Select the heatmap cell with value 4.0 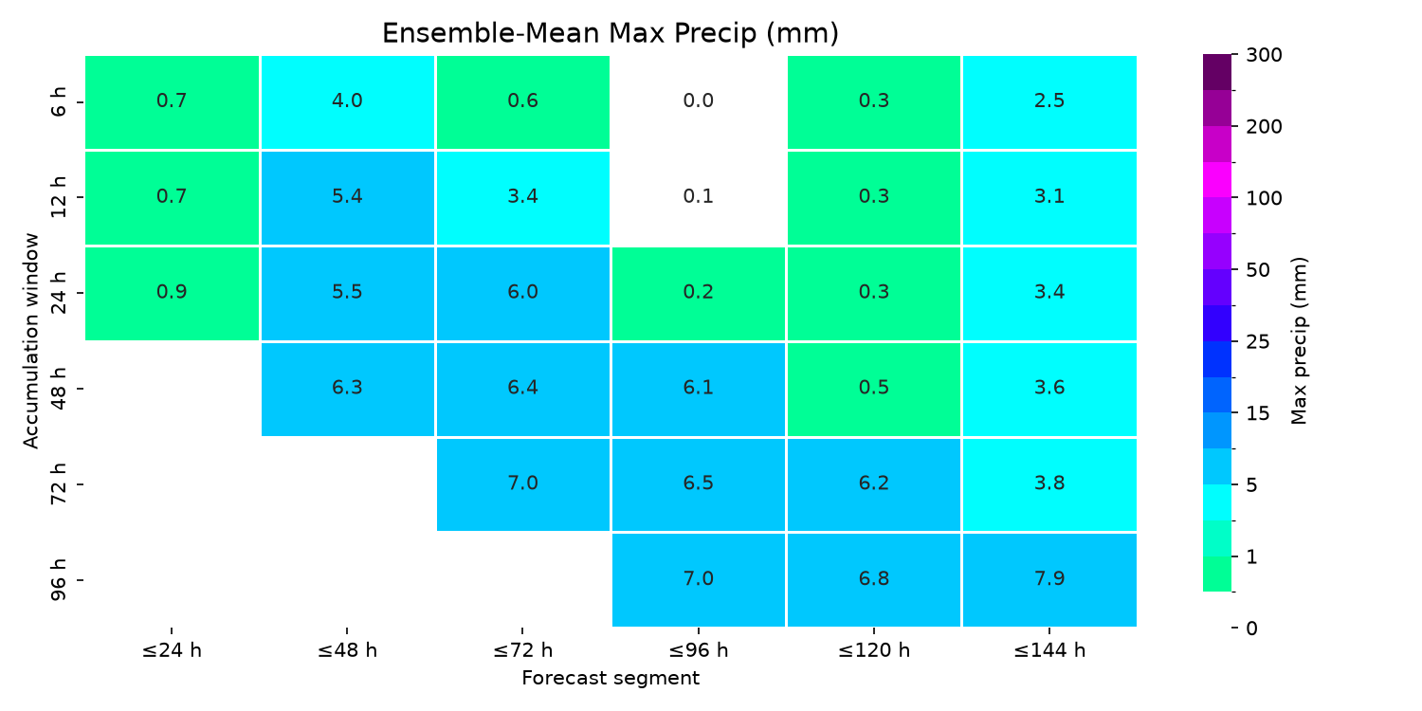point(347,102)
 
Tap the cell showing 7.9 point(1049,579)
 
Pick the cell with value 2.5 point(1049,102)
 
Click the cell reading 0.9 point(172,293)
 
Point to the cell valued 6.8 point(874,579)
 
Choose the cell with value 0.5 point(874,389)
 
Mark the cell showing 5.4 point(347,198)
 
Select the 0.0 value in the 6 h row point(699,100)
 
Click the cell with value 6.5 point(699,484)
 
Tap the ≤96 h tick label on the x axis point(699,650)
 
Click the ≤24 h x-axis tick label point(172,650)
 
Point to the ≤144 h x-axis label point(1049,650)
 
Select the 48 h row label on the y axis point(59,388)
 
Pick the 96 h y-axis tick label point(59,579)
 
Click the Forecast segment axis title point(611,678)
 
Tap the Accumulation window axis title point(30,341)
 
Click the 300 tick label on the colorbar point(1264,55)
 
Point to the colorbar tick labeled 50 point(1258,270)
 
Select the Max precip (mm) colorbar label point(1300,341)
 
